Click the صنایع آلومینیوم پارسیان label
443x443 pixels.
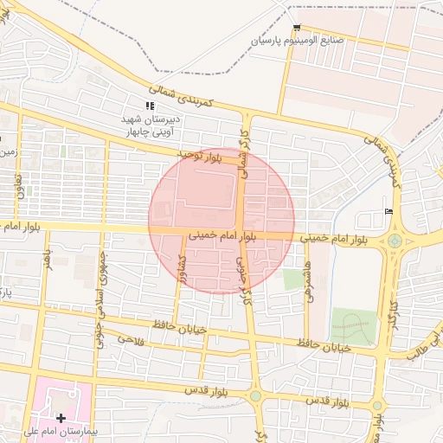310,41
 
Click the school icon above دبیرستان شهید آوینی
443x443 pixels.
150,106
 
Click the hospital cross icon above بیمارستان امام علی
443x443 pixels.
61,419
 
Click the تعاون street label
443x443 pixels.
16,183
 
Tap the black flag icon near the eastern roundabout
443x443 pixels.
387,212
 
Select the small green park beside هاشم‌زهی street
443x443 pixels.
294,279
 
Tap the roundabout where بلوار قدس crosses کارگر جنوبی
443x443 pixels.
256,396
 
